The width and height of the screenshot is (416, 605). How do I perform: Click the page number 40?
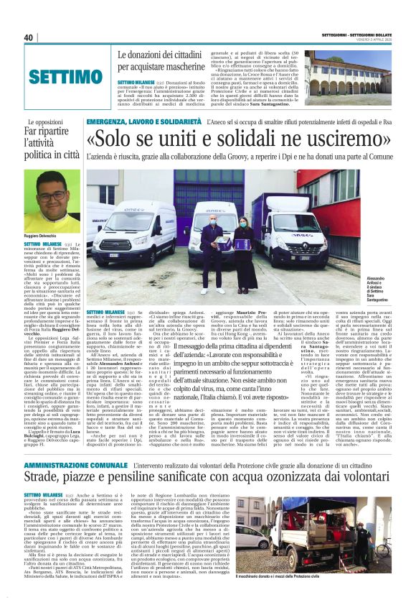coord(29,38)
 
